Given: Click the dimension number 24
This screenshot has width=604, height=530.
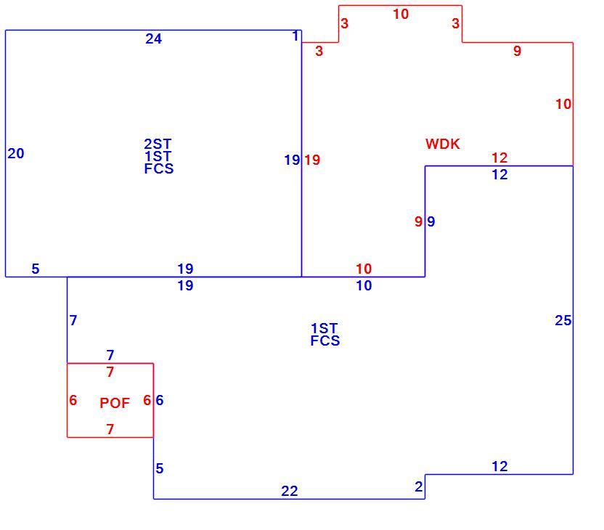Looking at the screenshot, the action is (x=153, y=38).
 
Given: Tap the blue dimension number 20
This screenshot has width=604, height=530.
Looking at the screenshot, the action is (x=16, y=153).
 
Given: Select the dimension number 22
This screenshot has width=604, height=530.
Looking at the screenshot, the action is (x=289, y=491).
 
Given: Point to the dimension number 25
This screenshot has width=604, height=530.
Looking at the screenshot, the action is (x=563, y=320).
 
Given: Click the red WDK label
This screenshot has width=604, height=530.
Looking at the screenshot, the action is (x=443, y=144).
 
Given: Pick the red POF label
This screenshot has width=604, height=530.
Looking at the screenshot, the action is (x=115, y=403).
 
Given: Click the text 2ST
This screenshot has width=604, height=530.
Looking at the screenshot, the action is (x=158, y=144).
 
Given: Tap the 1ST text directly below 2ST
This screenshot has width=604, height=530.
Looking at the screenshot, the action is (x=158, y=156).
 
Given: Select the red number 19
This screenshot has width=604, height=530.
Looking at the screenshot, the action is (x=312, y=160).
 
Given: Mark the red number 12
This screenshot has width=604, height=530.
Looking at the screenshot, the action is (x=499, y=158).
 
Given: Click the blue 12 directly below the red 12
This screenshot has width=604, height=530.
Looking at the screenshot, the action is (x=499, y=174).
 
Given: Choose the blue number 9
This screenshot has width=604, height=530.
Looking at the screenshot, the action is (x=431, y=221).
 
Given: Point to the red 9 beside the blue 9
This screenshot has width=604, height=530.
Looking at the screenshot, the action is (x=418, y=221).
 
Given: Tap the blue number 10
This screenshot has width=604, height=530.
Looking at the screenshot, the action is (x=364, y=285).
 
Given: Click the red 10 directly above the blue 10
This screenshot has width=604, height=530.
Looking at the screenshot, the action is (x=364, y=269).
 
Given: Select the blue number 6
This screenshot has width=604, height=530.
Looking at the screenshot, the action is (x=160, y=400).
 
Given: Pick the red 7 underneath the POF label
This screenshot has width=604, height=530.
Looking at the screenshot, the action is (x=110, y=428).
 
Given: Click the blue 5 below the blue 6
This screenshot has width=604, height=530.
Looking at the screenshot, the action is (x=160, y=468).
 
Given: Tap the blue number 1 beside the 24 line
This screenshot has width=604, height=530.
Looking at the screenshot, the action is (x=295, y=36).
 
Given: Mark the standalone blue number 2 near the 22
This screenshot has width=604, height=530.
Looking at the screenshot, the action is (x=419, y=486).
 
